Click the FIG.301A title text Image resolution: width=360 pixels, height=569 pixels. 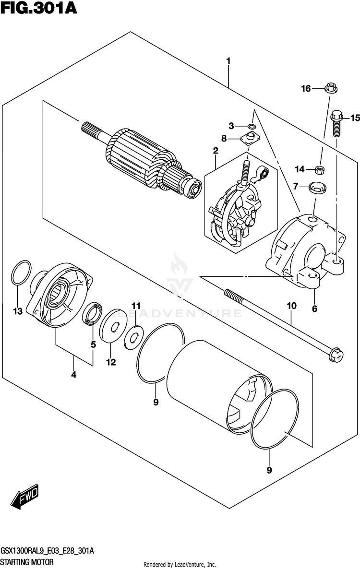pyautogui.click(x=39, y=8)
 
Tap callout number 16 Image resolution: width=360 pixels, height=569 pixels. pyautogui.click(x=306, y=88)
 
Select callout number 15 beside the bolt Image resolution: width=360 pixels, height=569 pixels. pyautogui.click(x=354, y=118)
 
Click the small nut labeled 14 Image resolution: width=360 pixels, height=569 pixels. pyautogui.click(x=318, y=169)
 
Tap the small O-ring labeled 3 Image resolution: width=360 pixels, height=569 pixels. pyautogui.click(x=251, y=127)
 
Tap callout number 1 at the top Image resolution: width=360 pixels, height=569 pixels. pyautogui.click(x=228, y=61)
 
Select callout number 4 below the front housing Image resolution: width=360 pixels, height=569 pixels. pyautogui.click(x=74, y=375)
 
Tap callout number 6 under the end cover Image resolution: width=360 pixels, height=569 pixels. pyautogui.click(x=314, y=309)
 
